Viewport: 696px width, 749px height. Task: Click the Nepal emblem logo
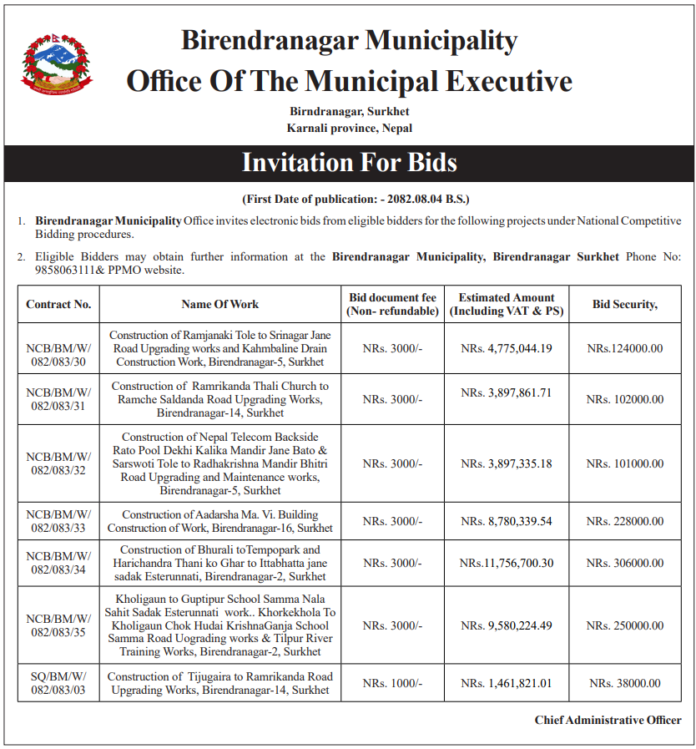click(x=57, y=63)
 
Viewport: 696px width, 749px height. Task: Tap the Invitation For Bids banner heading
click(x=349, y=162)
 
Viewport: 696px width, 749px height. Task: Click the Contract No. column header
click(x=58, y=304)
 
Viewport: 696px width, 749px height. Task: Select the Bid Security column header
click(x=624, y=304)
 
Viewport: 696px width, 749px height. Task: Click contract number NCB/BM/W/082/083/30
click(x=58, y=348)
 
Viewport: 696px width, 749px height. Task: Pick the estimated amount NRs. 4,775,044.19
click(x=507, y=348)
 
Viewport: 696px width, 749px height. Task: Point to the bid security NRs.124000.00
click(x=625, y=348)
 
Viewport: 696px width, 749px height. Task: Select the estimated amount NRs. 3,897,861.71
click(x=507, y=392)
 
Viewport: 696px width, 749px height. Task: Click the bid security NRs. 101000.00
click(x=625, y=463)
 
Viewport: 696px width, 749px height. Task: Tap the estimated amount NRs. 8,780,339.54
click(x=507, y=521)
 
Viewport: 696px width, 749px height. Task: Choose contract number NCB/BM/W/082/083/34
click(x=58, y=563)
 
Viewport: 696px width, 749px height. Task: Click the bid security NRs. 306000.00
click(x=625, y=563)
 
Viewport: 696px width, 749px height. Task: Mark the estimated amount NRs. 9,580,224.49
click(x=507, y=625)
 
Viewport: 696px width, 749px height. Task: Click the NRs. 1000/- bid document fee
click(x=392, y=683)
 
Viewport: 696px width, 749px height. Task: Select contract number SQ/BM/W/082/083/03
click(x=58, y=683)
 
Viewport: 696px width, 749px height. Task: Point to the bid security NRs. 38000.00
click(x=625, y=683)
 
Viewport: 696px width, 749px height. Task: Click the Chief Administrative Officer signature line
click(x=608, y=720)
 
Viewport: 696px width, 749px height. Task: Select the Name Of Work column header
click(x=220, y=304)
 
